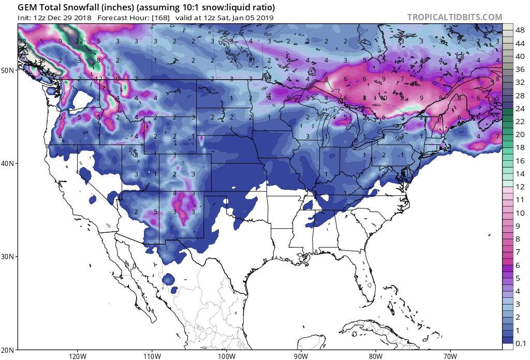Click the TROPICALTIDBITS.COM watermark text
pyautogui.click(x=454, y=17)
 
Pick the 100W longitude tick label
pyautogui.click(x=226, y=356)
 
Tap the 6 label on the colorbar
pyautogui.click(x=518, y=265)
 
